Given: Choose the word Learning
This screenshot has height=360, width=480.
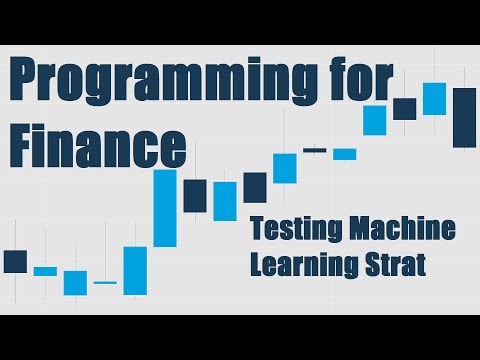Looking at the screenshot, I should pos(301,265).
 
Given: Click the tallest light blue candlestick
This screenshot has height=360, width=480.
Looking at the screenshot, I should pos(164,208).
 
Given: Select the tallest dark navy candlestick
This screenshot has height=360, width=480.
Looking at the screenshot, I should pos(464,117).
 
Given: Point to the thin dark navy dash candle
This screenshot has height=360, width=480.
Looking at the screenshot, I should pos(314,150).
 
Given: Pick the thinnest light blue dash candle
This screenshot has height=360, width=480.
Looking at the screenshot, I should pos(105,283).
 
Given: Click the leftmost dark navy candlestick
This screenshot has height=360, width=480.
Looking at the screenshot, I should pos(15,261).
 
